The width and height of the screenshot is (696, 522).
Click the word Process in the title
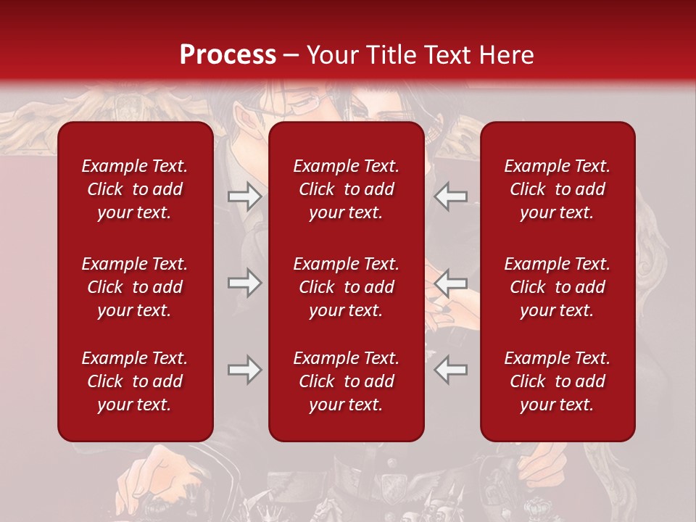[228, 55]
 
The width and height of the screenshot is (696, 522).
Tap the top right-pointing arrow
[244, 196]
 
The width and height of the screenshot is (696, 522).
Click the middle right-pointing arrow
[244, 282]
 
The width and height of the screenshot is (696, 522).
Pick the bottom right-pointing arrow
[244, 370]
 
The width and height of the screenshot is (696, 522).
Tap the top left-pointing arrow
[451, 196]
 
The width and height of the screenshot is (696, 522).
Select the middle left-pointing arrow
[451, 282]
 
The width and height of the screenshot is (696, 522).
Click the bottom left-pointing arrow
[451, 370]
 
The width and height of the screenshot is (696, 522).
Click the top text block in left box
[135, 189]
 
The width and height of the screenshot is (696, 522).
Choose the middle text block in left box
[135, 287]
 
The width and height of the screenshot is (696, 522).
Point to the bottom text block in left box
[135, 381]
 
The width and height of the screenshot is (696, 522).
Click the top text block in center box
[346, 189]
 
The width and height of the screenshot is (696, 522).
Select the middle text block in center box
[346, 287]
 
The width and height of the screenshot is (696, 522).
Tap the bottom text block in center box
[346, 381]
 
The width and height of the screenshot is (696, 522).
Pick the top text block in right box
[557, 189]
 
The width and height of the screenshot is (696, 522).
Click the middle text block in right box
[557, 287]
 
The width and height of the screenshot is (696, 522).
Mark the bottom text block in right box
[557, 381]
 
